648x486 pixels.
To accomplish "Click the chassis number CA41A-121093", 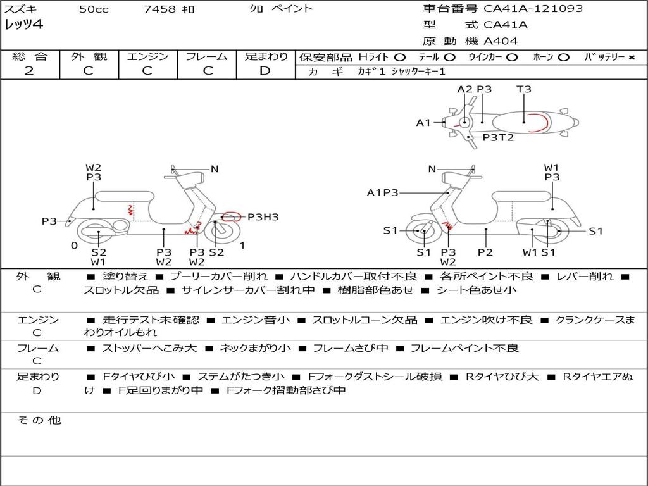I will coord(533,9).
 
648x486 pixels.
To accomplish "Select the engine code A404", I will coord(501,41).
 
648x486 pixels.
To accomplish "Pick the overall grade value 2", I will coord(29,71).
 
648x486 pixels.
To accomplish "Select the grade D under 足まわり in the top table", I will coord(265,71).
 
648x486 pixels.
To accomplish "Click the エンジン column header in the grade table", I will coord(147,56).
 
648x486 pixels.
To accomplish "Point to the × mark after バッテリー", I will coord(631,58).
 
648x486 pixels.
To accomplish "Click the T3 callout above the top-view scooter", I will coord(524,89).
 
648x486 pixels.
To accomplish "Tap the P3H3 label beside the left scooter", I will coord(263,217).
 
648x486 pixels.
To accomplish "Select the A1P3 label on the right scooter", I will coord(382,192).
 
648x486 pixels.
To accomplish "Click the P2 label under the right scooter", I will coord(485,252).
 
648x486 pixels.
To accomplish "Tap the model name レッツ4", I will coord(24,25).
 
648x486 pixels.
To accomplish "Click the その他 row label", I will coord(39,420).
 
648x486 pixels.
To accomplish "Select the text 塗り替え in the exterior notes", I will coord(125,277).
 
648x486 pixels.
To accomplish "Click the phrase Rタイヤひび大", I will coord(502,377).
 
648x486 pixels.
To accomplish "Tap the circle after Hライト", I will coord(399,58).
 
